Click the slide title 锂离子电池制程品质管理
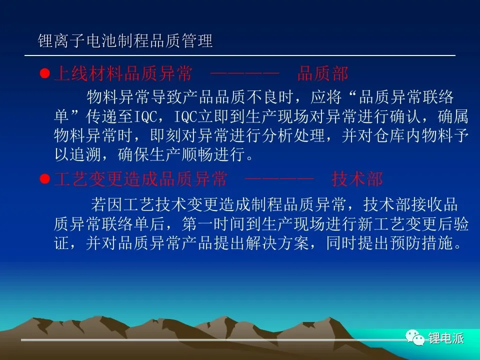(x=125, y=41)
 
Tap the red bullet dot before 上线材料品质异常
(x=44, y=73)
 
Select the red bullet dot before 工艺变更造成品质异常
(x=44, y=179)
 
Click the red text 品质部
(x=322, y=73)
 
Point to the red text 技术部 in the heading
(x=357, y=179)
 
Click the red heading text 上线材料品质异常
(x=123, y=73)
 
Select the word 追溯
(x=85, y=154)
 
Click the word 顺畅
(x=197, y=154)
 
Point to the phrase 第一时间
(x=213, y=224)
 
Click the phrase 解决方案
(x=277, y=243)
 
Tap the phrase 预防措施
(x=421, y=243)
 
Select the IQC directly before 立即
(x=186, y=116)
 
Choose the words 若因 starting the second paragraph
(x=106, y=205)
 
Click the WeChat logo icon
(x=415, y=337)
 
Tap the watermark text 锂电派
(x=446, y=338)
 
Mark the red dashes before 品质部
(x=245, y=73)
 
